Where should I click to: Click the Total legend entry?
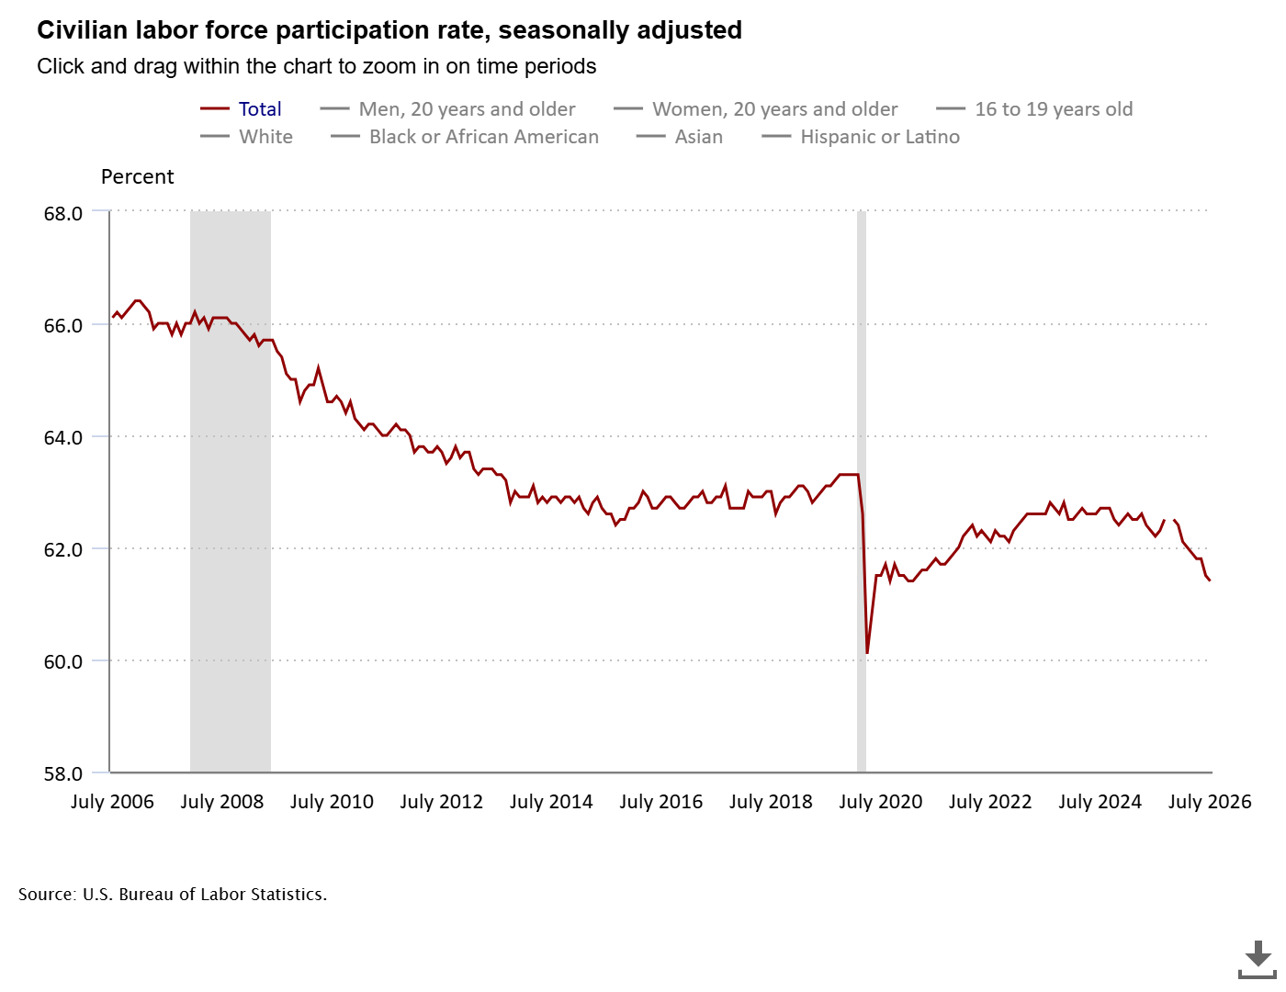coord(241,108)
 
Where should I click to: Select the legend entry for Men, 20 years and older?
coord(447,108)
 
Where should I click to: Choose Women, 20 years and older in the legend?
coord(756,108)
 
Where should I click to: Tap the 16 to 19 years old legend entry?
coord(1034,108)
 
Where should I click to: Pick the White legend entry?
coord(246,137)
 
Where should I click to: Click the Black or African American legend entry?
coord(465,137)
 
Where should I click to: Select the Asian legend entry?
coord(680,137)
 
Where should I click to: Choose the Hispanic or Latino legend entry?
coord(861,137)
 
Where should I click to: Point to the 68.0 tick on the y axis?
coord(62,213)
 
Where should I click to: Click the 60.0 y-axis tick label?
coord(62,661)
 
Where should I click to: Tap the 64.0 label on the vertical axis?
coord(62,438)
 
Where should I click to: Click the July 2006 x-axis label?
coord(112,802)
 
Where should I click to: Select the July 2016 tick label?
coord(660,802)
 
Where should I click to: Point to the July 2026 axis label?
coord(1209,802)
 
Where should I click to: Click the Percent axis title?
coord(137,176)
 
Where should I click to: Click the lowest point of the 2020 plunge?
coord(867,652)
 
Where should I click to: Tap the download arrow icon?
coord(1257,960)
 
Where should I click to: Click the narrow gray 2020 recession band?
coord(862,491)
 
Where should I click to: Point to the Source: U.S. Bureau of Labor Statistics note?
coord(172,894)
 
